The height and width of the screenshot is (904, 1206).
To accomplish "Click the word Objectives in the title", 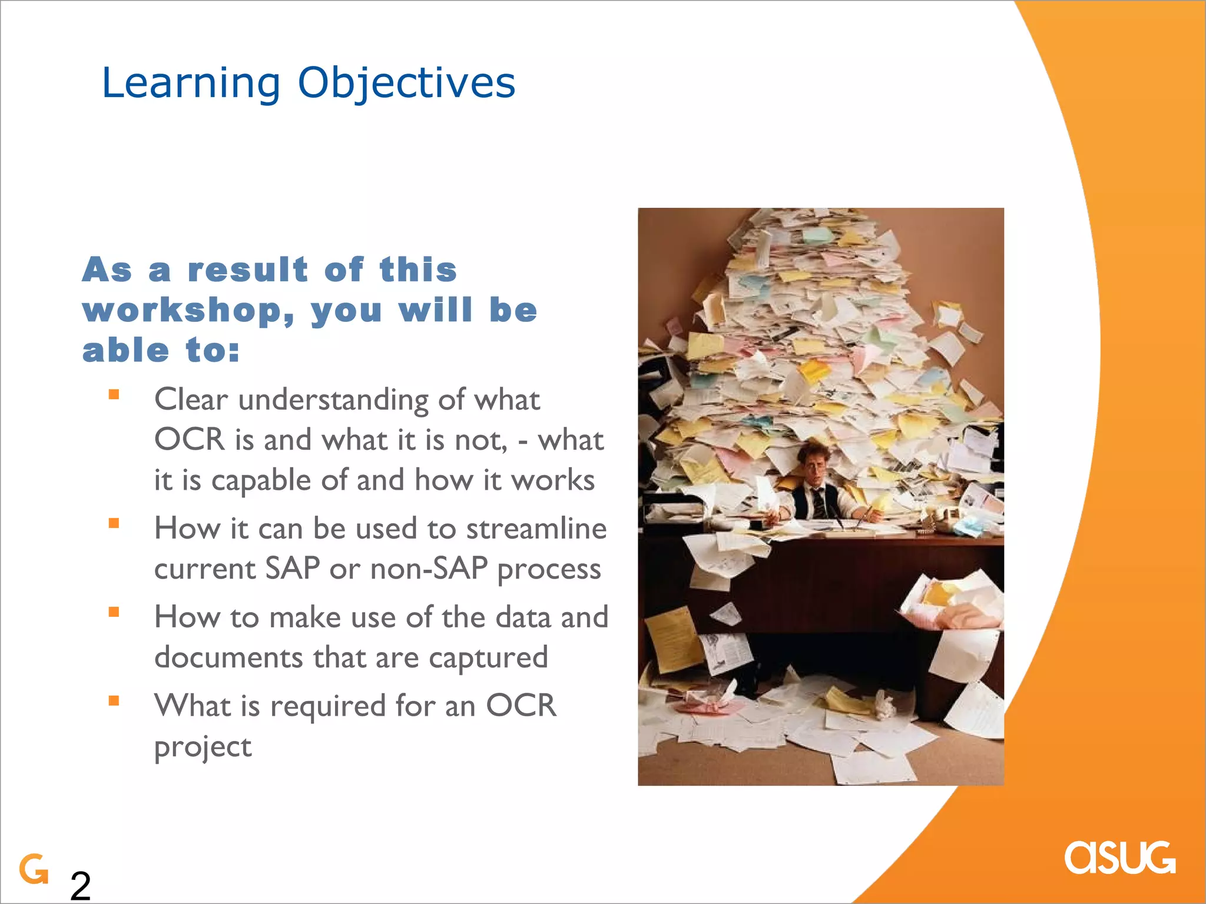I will (406, 83).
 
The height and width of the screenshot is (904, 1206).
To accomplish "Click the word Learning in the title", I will (191, 83).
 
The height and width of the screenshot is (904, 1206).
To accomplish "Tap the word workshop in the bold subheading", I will (187, 311).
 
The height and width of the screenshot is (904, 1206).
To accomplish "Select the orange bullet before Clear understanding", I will (114, 395).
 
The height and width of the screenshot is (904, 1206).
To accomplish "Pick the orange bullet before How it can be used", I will (114, 523).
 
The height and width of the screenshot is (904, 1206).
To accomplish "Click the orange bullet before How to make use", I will (114, 612).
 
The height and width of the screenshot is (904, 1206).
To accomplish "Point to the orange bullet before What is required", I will (114, 700).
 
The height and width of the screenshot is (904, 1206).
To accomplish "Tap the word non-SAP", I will (429, 569).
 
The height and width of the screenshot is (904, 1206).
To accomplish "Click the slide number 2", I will (81, 885).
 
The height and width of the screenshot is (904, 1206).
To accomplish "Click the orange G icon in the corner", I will (34, 869).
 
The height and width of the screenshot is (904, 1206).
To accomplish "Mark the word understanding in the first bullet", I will (333, 400).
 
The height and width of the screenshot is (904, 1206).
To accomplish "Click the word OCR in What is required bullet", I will (521, 705).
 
